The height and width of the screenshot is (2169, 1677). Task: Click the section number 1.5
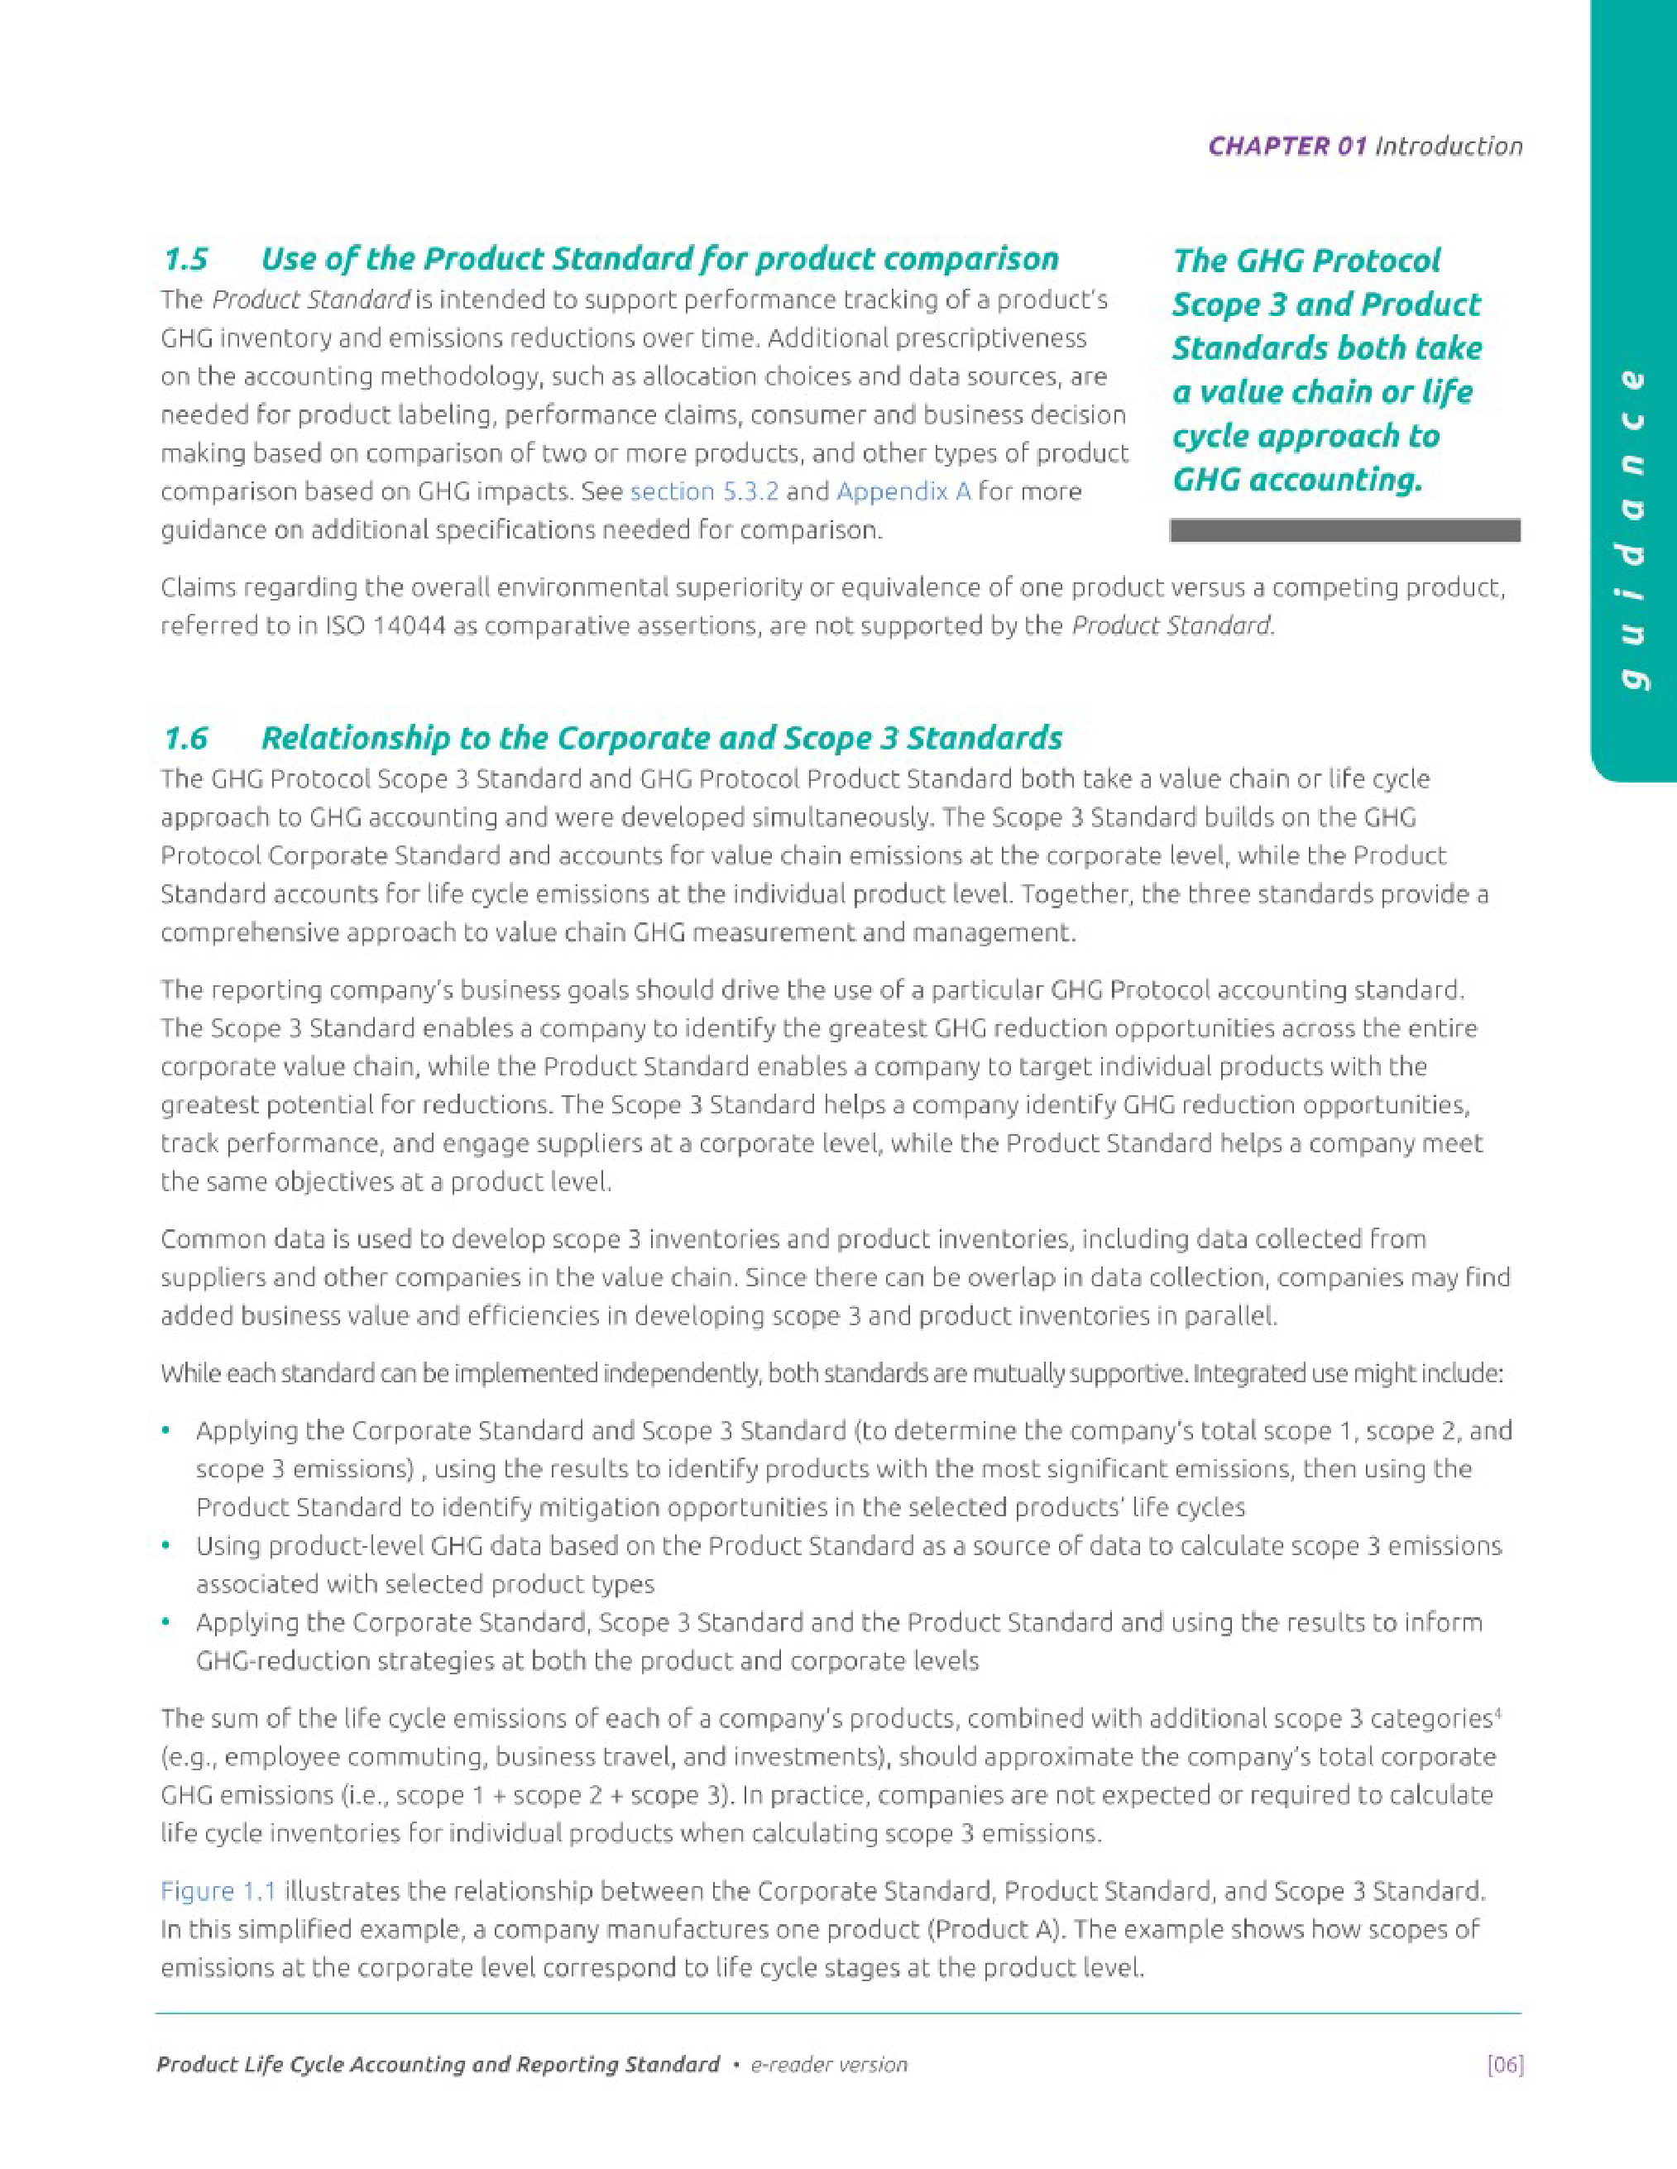click(x=186, y=261)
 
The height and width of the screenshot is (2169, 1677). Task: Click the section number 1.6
click(x=186, y=739)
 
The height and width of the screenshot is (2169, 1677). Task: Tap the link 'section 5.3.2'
click(x=703, y=491)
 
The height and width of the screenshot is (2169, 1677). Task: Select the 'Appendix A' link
click(x=903, y=491)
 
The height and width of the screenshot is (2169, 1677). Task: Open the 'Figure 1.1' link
click(x=218, y=1891)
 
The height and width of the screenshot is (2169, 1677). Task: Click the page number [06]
click(x=1504, y=2065)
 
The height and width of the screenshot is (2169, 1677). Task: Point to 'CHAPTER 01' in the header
click(x=1287, y=146)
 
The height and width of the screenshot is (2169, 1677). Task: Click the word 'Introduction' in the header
click(x=1449, y=146)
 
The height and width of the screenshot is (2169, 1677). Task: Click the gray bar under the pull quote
click(x=1344, y=530)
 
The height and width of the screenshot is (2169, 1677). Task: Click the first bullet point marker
click(x=167, y=1431)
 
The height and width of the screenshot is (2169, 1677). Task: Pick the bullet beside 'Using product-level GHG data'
click(x=167, y=1546)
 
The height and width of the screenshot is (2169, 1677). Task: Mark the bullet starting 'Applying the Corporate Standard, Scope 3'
click(x=167, y=1623)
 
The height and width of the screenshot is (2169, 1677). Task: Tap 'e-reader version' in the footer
click(x=828, y=2065)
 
